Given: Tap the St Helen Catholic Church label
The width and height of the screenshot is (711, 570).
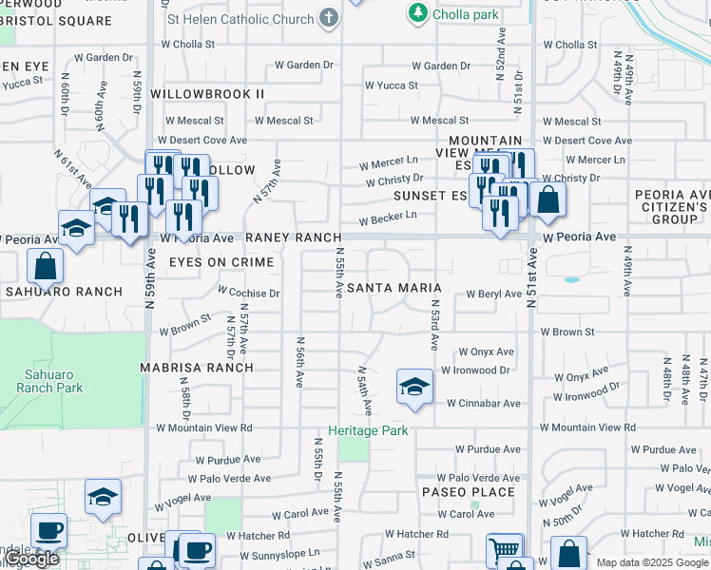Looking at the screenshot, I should pyautogui.click(x=240, y=19).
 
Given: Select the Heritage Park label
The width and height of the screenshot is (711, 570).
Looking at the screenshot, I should pyautogui.click(x=368, y=430).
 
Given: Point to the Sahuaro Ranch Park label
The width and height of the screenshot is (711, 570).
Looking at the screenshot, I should pyautogui.click(x=48, y=381).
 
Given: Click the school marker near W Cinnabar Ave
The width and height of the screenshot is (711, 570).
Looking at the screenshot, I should pyautogui.click(x=414, y=387).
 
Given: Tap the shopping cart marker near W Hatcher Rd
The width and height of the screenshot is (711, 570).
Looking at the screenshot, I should pyautogui.click(x=504, y=549).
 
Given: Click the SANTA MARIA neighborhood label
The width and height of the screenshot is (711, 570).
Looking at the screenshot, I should pyautogui.click(x=394, y=288).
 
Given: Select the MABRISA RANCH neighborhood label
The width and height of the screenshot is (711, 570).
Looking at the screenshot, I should pyautogui.click(x=197, y=368).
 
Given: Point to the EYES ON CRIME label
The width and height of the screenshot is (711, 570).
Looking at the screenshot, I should pyautogui.click(x=221, y=262).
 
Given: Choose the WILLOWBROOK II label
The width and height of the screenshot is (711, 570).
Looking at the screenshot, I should pyautogui.click(x=207, y=94).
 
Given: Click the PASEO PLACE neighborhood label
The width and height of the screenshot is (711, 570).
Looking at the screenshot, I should pyautogui.click(x=470, y=492).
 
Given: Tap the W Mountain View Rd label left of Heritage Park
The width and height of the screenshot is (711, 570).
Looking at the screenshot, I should pyautogui.click(x=204, y=428).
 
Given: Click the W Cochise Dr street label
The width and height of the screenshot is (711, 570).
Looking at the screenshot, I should pyautogui.click(x=248, y=294).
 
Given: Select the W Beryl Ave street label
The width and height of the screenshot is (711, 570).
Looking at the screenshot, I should pyautogui.click(x=493, y=294).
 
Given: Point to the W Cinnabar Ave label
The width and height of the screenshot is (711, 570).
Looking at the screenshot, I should pyautogui.click(x=484, y=404).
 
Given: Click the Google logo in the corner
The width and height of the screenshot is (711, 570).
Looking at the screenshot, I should pyautogui.click(x=31, y=559).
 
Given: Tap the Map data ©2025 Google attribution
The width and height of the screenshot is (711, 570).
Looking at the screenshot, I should pyautogui.click(x=652, y=562).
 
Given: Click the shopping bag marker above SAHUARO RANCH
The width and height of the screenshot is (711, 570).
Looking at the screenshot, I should pyautogui.click(x=46, y=266).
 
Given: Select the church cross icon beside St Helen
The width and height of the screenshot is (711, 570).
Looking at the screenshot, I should pyautogui.click(x=329, y=18).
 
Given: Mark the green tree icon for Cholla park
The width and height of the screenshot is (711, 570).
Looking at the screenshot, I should pyautogui.click(x=416, y=13).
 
